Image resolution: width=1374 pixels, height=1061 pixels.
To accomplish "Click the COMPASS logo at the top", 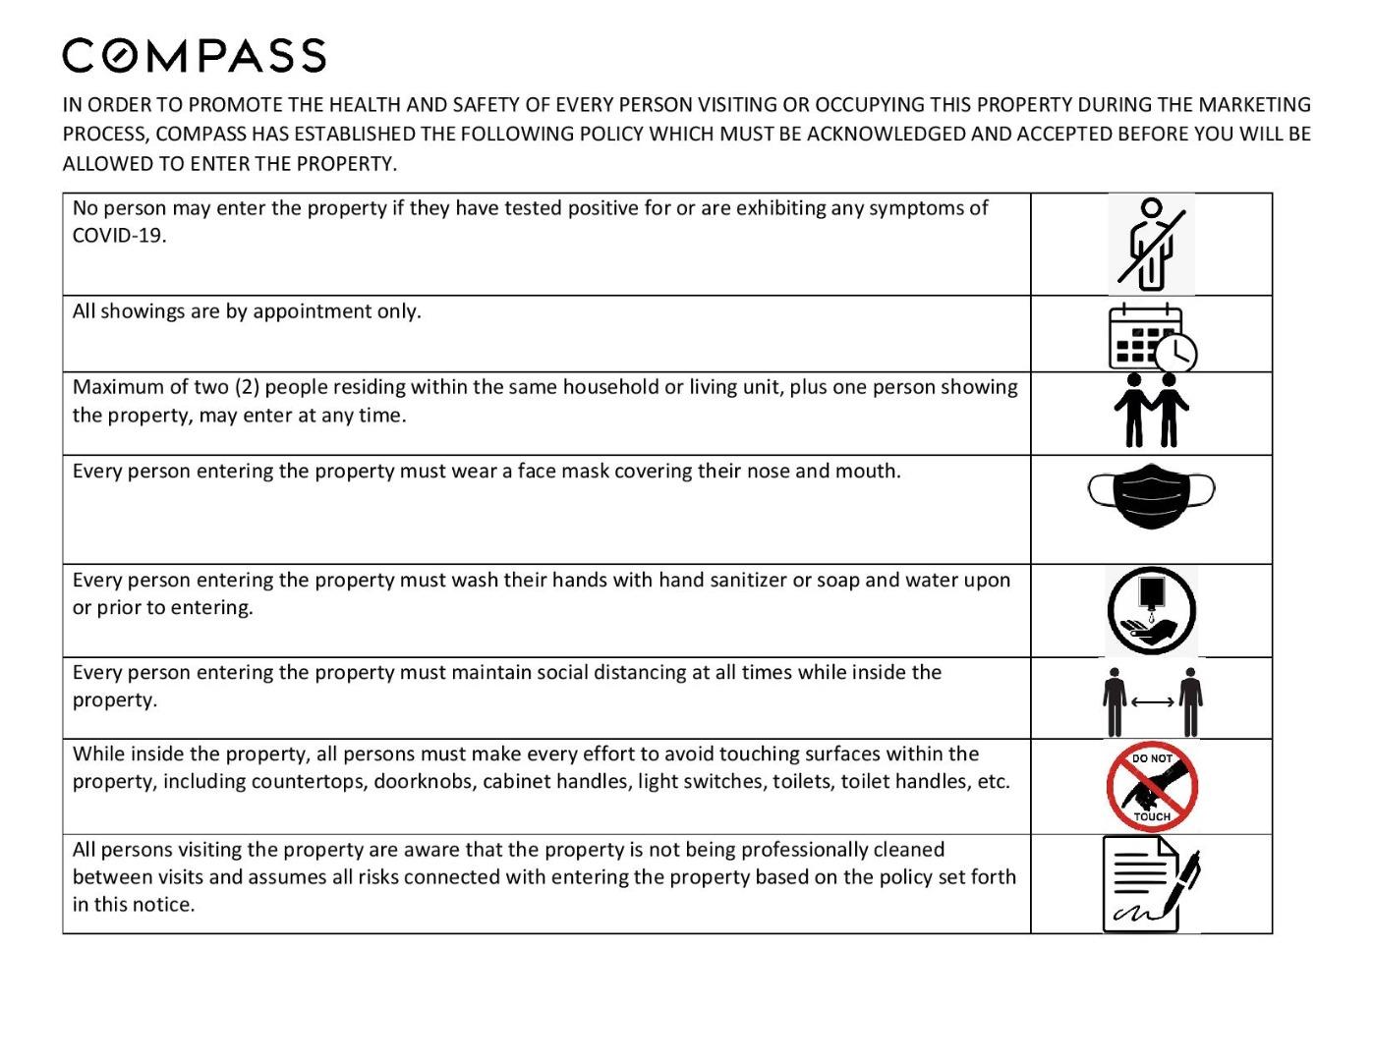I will coord(194,56).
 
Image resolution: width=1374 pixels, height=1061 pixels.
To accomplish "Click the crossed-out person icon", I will coord(1151,245).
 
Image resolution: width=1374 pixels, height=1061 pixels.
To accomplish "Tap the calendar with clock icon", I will coord(1152,336).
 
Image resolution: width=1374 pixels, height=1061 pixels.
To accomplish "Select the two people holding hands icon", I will coord(1151,410).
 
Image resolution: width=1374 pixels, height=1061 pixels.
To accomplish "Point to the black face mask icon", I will coord(1151,495).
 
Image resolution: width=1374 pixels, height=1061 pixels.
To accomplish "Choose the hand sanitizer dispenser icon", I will coord(1151,609).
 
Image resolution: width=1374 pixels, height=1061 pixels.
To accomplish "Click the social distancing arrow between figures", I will coord(1152,701).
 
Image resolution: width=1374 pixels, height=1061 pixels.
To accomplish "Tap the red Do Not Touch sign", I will coord(1152,787).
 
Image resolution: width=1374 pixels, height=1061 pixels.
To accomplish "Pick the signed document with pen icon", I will coord(1150,883).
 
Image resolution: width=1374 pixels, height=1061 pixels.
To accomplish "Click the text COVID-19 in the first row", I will coord(118,236).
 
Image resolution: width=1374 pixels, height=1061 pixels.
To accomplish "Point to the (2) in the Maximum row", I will coord(246,387).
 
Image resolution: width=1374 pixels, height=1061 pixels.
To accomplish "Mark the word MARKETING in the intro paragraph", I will coord(1254,105).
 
